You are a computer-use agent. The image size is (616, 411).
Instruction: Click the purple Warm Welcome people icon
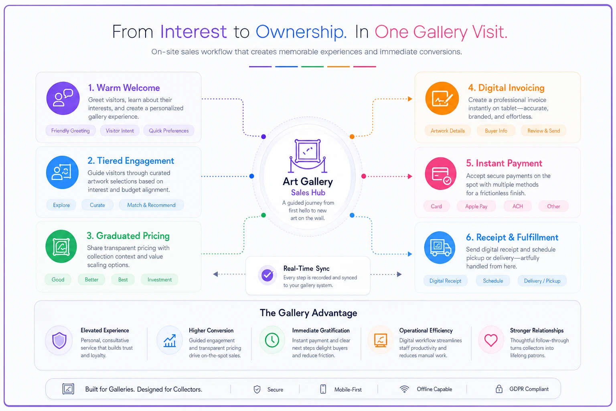pyautogui.click(x=63, y=98)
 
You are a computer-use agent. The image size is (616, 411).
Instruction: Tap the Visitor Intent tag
pyautogui.click(x=120, y=130)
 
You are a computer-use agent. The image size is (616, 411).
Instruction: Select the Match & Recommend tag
pyautogui.click(x=151, y=205)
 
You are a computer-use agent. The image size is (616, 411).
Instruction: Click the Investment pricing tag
pyautogui.click(x=160, y=280)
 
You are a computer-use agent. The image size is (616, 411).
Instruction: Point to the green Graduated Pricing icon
pyautogui.click(x=61, y=246)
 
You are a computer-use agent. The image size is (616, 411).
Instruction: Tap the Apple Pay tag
pyautogui.click(x=476, y=206)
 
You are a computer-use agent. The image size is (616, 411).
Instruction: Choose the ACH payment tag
pyautogui.click(x=518, y=206)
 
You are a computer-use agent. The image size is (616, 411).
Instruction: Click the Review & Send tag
pyautogui.click(x=544, y=131)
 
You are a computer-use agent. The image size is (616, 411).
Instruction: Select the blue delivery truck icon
pyautogui.click(x=440, y=248)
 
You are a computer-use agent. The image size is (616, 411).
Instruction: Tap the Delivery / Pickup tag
pyautogui.click(x=542, y=281)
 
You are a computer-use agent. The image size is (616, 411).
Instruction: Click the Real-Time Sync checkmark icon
pyautogui.click(x=267, y=275)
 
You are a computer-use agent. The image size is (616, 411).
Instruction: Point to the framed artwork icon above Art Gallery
pyautogui.click(x=308, y=156)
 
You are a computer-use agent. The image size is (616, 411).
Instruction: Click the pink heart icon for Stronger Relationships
pyautogui.click(x=491, y=340)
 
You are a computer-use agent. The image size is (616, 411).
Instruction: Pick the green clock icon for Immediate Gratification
pyautogui.click(x=272, y=340)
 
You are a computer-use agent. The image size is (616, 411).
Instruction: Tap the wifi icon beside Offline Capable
pyautogui.click(x=404, y=389)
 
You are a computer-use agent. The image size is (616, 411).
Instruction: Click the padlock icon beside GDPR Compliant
pyautogui.click(x=499, y=389)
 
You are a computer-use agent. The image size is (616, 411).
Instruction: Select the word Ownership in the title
pyautogui.click(x=301, y=32)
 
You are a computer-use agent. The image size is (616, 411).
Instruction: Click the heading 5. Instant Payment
pyautogui.click(x=504, y=163)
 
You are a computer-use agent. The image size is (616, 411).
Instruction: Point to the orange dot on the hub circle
pyautogui.click(x=352, y=136)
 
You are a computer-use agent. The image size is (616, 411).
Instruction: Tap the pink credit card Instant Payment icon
pyautogui.click(x=441, y=173)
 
